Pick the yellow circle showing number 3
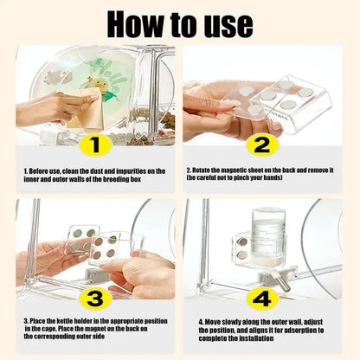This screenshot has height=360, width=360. (x=96, y=299)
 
